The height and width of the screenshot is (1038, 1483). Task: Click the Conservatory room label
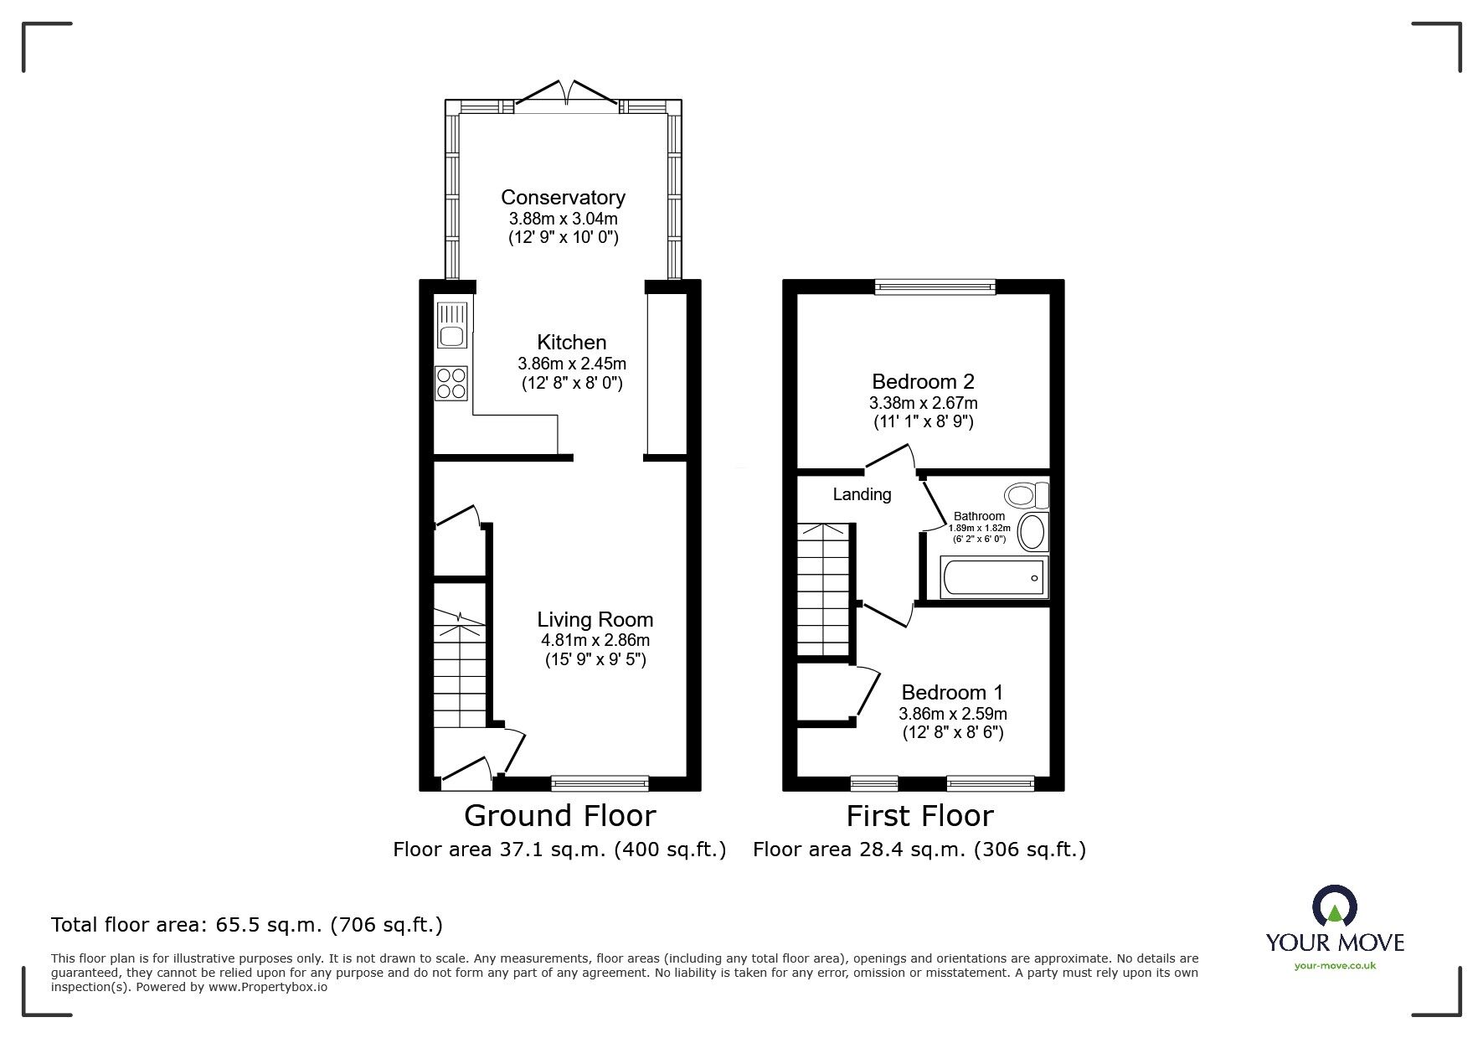(563, 198)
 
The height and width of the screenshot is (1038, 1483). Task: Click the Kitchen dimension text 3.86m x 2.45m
(571, 364)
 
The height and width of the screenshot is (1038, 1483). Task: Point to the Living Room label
(595, 620)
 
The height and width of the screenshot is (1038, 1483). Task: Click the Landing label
(862, 495)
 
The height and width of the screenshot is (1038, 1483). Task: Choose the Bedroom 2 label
(923, 382)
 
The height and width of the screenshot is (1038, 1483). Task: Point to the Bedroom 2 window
(935, 287)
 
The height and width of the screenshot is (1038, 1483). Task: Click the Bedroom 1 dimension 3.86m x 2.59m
(952, 714)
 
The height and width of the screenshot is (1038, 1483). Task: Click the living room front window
(600, 783)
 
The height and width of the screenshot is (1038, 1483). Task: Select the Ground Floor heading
(559, 815)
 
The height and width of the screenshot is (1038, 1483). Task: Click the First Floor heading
(919, 815)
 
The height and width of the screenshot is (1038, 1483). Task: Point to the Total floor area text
(247, 925)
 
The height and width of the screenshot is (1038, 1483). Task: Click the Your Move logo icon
(1335, 906)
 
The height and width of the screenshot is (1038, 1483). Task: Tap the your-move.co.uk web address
(1335, 966)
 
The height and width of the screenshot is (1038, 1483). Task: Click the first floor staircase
(825, 591)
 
